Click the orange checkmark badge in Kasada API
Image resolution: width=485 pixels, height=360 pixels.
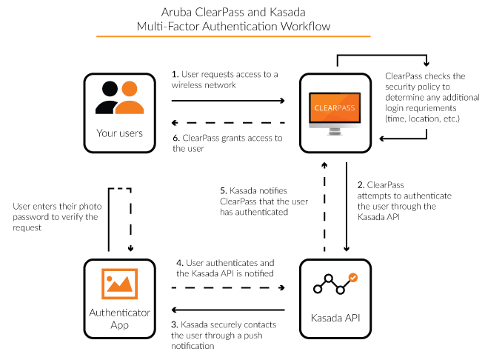pos(353,278)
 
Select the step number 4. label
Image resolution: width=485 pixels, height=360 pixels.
pos(175,263)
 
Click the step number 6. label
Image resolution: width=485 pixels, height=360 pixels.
pos(175,138)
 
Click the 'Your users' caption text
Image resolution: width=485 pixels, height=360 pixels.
pos(119,133)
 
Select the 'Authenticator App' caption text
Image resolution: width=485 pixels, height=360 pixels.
pos(119,318)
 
